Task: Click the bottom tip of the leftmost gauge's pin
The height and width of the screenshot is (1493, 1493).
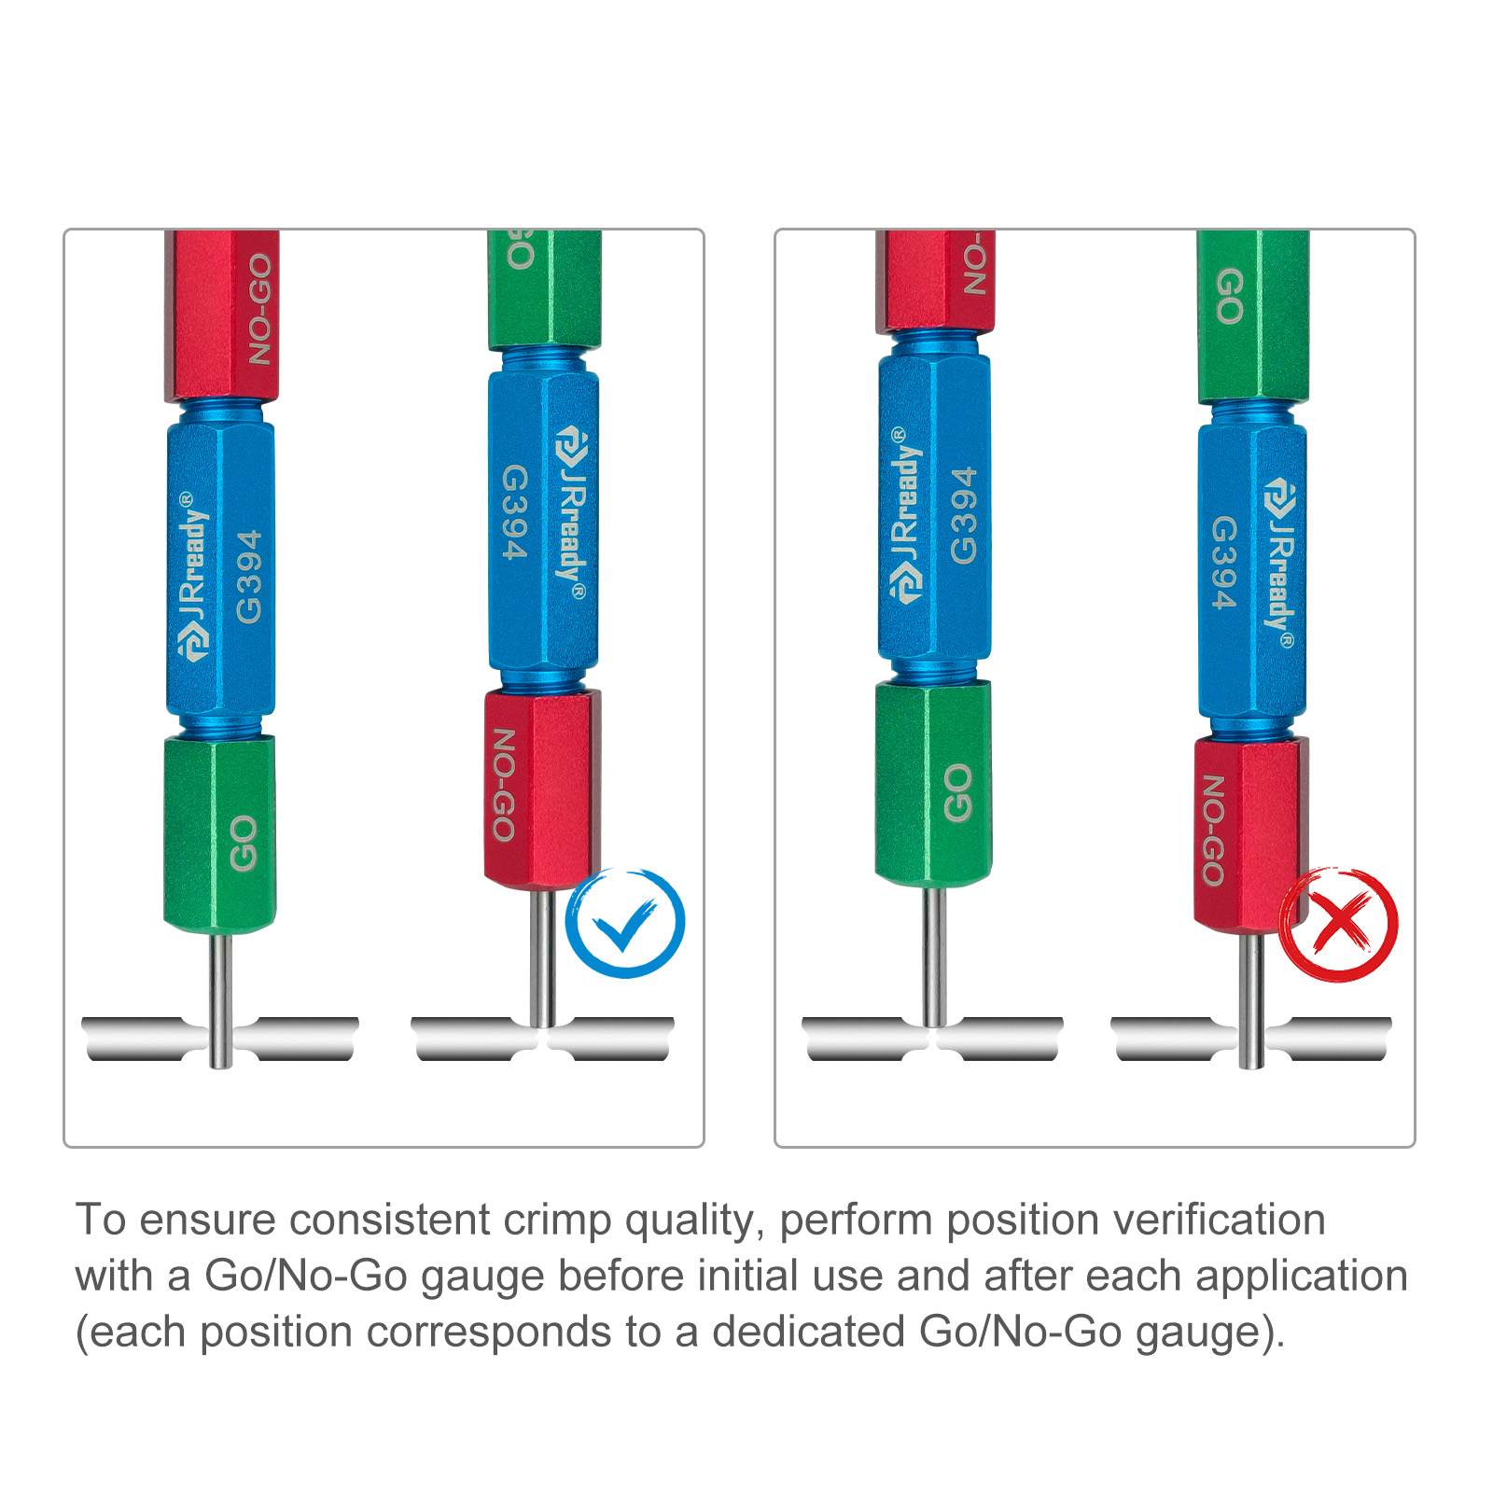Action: click(x=220, y=1067)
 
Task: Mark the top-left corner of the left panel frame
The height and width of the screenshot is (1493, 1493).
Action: click(x=64, y=230)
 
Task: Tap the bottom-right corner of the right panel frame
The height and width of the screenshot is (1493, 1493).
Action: click(x=1415, y=1147)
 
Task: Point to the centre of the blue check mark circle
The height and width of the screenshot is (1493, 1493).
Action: click(x=626, y=923)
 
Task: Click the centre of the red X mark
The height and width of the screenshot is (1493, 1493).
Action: click(x=1339, y=923)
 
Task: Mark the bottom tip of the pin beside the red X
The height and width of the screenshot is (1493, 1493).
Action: click(x=1250, y=1067)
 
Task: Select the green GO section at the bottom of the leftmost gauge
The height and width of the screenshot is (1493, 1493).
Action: click(x=220, y=834)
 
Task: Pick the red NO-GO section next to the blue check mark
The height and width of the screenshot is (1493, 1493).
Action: click(x=542, y=788)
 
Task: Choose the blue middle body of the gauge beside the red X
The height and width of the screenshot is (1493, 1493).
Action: click(x=1252, y=571)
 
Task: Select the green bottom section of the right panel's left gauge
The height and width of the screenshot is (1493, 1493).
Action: click(x=933, y=782)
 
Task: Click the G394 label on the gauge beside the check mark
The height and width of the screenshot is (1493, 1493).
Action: click(x=514, y=512)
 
